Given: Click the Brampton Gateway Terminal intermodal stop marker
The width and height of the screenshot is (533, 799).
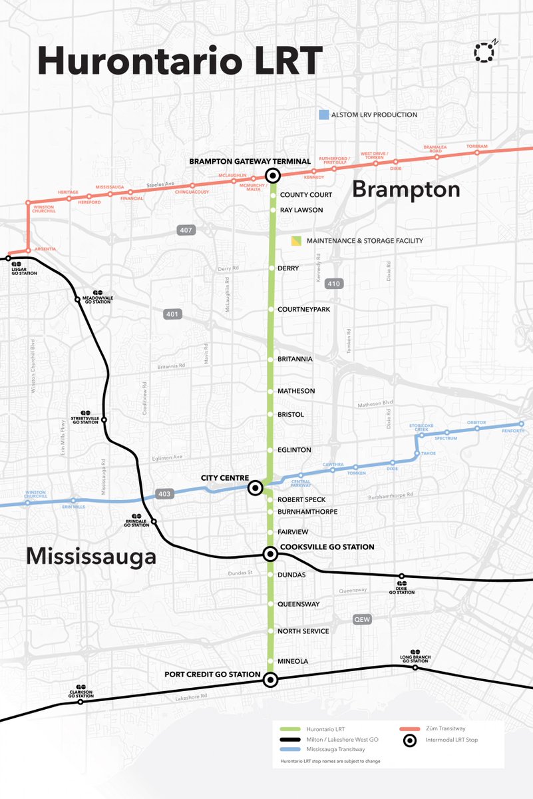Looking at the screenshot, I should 272,176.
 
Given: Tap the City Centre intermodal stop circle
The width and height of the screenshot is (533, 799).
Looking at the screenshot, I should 255,489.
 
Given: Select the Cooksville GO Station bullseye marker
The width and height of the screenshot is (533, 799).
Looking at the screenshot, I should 270,553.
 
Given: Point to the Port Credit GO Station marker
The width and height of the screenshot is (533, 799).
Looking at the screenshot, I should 270,680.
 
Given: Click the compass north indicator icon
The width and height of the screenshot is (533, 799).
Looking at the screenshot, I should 485,53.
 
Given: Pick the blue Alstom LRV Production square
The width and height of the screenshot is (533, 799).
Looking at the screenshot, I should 323,115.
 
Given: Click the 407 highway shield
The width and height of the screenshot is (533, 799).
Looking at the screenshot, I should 186,230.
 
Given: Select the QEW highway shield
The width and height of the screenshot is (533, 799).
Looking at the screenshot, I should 362,619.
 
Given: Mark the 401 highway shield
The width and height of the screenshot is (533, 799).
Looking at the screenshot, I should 173,314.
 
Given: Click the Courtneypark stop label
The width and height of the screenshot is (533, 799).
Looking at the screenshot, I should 303,310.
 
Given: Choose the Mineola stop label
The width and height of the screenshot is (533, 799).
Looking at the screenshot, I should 293,661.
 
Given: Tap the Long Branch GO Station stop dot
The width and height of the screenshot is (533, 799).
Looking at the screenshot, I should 415,667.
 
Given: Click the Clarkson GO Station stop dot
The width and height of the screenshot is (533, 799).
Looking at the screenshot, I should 81,702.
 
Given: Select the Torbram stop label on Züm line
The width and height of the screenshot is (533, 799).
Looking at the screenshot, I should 476,146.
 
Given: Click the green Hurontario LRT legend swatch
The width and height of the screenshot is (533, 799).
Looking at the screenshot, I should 291,729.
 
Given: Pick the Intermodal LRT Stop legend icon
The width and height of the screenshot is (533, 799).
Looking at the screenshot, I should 411,740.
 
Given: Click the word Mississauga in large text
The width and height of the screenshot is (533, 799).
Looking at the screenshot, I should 91,557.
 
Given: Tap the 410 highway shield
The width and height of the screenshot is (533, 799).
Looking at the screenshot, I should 334,284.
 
